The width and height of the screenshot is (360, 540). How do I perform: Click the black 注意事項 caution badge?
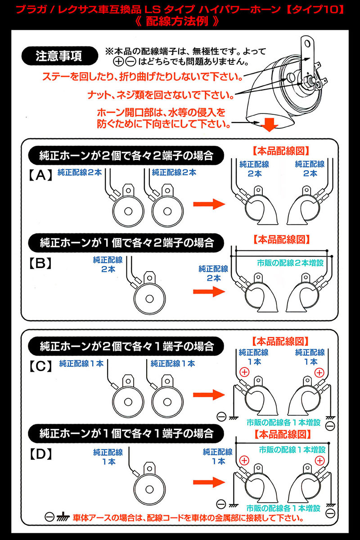point(59,56)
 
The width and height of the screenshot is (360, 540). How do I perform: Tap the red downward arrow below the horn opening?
point(270,124)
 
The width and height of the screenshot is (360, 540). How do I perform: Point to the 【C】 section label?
point(40,366)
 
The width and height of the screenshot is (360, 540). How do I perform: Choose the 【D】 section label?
point(40,454)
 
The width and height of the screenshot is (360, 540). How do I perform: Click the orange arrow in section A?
point(209,204)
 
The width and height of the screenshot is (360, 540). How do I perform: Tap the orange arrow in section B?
point(209,291)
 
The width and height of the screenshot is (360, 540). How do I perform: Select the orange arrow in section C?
point(209,395)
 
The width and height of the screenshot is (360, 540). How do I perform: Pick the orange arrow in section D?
point(209,482)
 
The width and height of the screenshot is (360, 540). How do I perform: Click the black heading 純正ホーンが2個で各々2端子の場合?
point(126,156)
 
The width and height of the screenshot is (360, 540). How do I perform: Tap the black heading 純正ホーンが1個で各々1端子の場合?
point(126,433)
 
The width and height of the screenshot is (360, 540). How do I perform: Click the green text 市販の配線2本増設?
point(290,263)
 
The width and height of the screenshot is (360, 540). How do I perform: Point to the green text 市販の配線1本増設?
point(292,449)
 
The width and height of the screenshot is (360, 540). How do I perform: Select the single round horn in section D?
point(149,486)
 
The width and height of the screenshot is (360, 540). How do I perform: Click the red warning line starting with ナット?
point(161,95)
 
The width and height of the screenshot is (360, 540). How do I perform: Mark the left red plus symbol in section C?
point(244,372)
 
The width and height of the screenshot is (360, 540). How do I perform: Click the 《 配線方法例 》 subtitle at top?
point(177,21)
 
